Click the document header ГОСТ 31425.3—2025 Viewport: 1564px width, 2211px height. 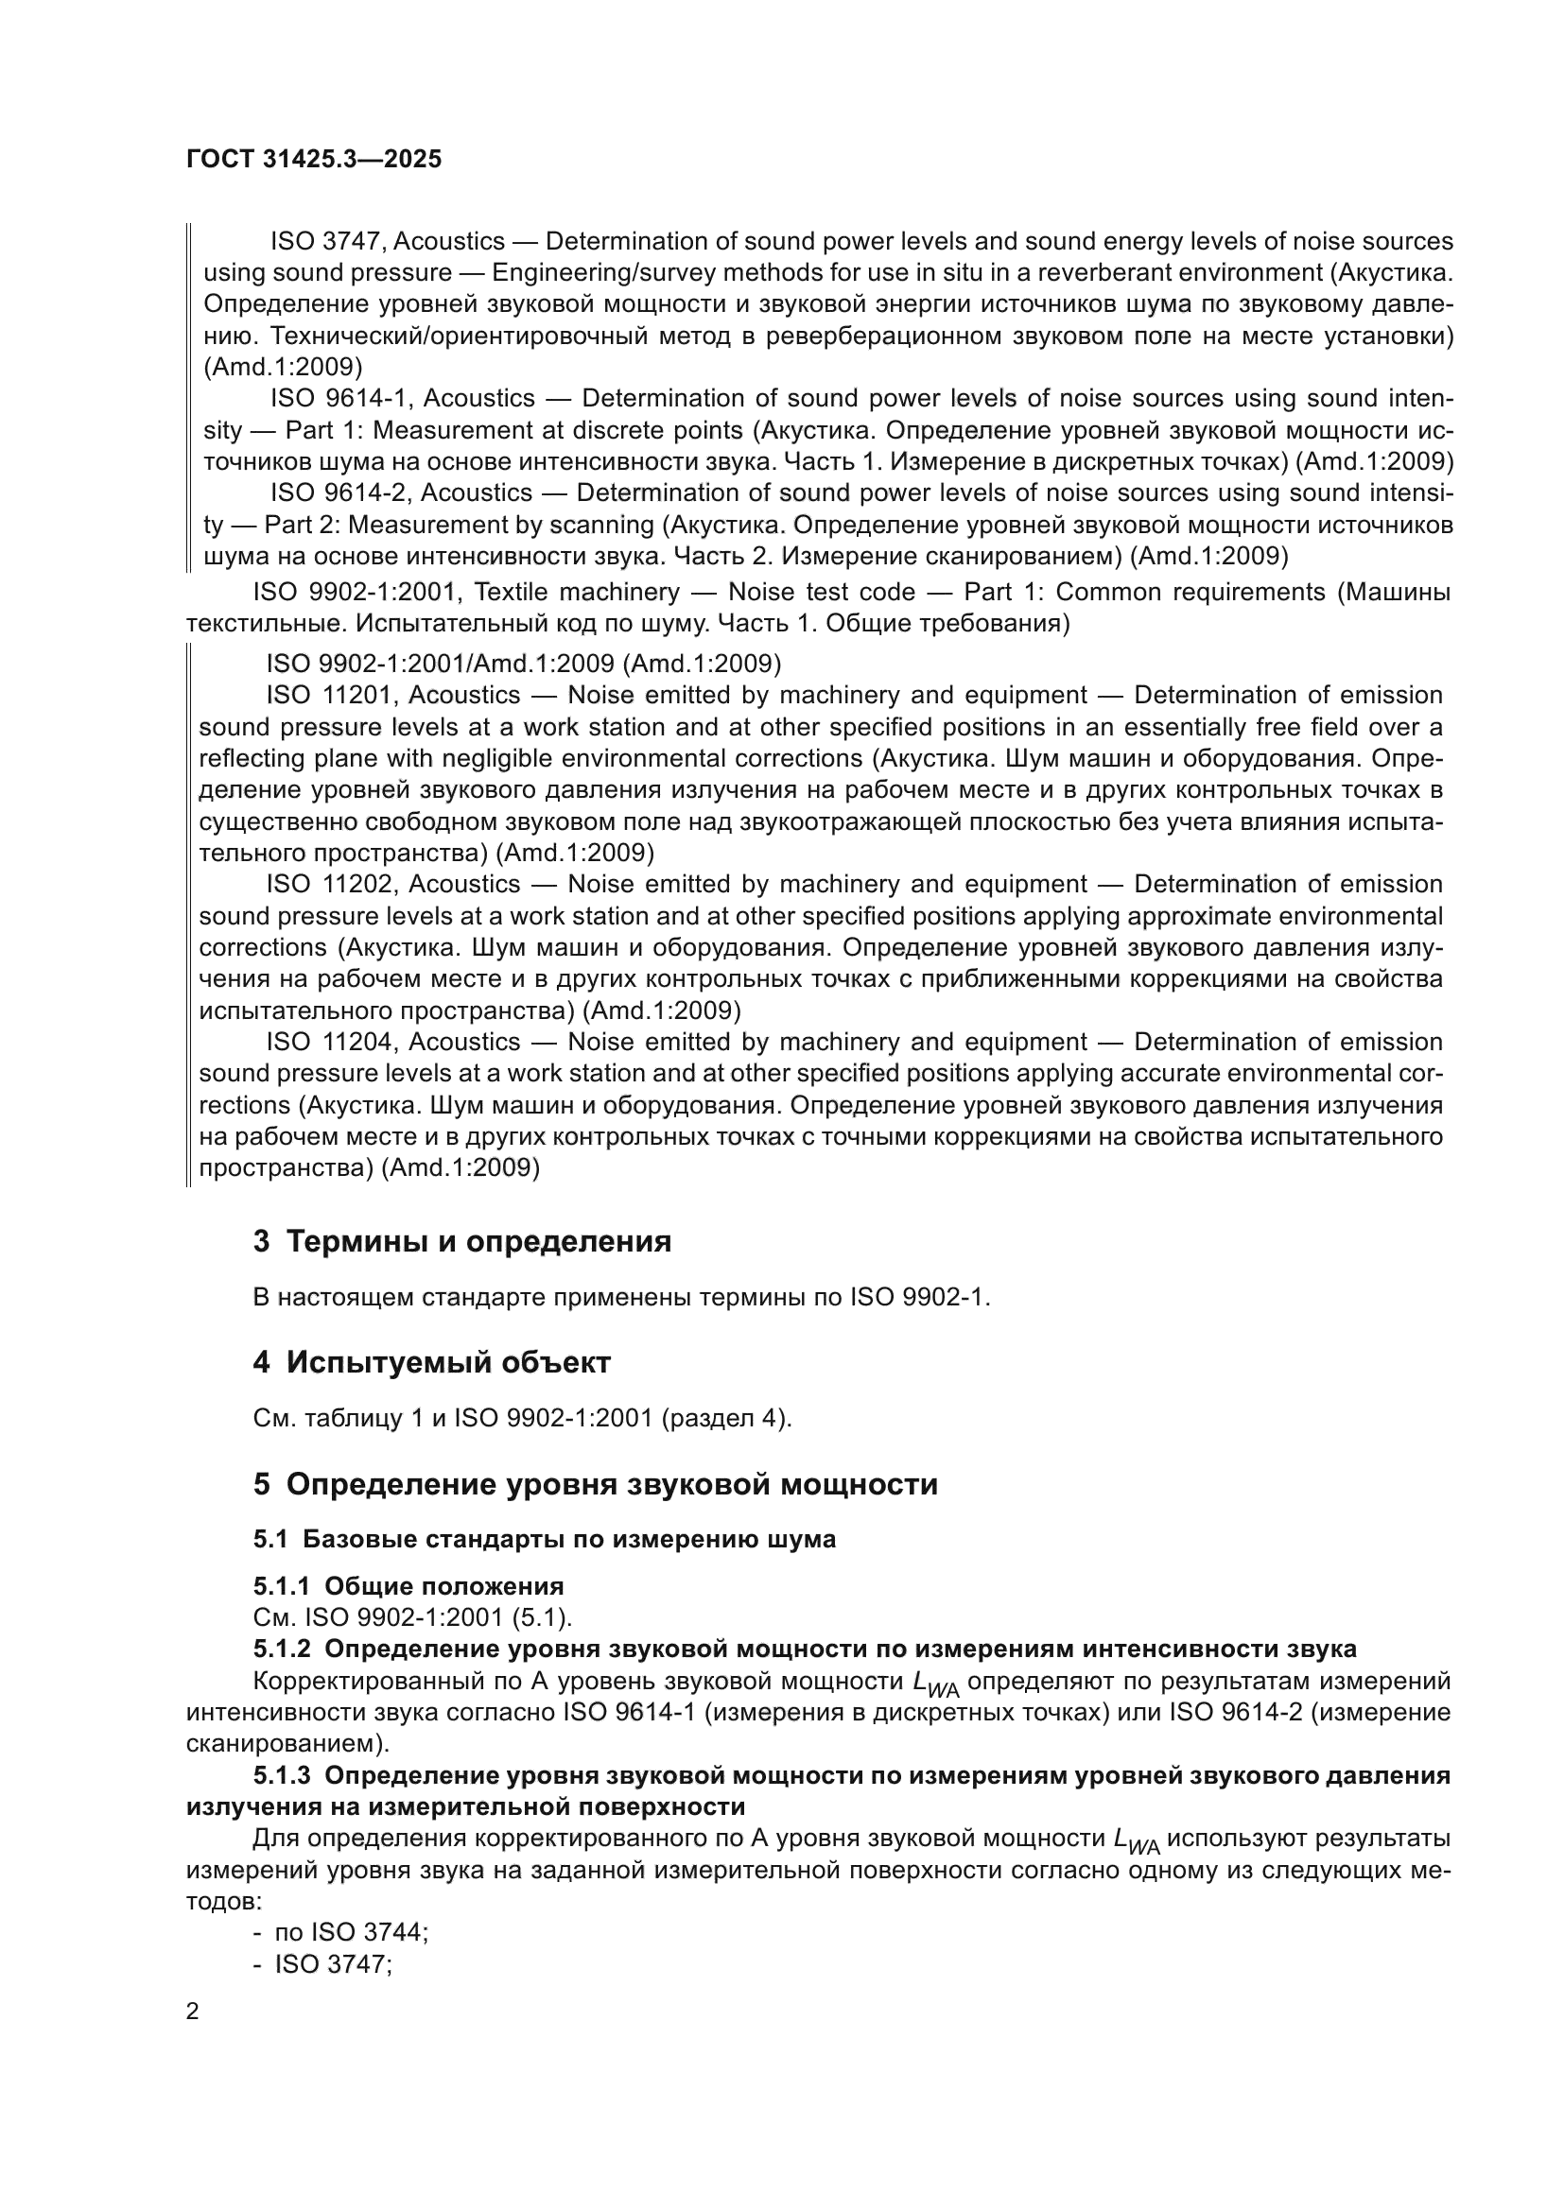click(x=314, y=159)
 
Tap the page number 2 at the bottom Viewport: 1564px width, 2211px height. click(x=193, y=2012)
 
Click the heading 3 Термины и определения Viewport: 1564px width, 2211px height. click(x=462, y=1241)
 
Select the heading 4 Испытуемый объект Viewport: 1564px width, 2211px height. click(x=431, y=1363)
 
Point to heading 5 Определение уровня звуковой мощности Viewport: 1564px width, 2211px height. click(x=595, y=1484)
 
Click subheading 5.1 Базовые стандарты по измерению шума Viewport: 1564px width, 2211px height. click(x=544, y=1539)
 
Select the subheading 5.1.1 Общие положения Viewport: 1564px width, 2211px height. click(x=408, y=1586)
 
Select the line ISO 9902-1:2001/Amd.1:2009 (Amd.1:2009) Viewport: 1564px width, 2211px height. click(x=523, y=664)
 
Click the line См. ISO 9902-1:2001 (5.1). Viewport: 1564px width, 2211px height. click(x=412, y=1617)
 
